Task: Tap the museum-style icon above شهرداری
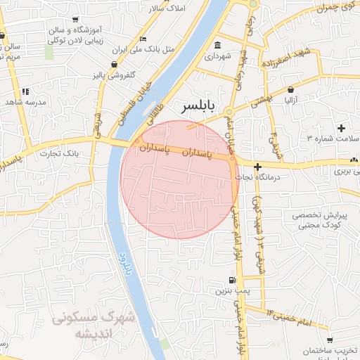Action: [216, 47]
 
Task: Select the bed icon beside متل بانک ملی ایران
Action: [144, 39]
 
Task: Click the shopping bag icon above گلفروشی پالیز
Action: [114, 63]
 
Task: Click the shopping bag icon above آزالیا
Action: [290, 89]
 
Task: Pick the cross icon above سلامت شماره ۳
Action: [342, 128]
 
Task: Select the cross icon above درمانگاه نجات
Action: [259, 167]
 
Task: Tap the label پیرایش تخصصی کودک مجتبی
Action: [316, 220]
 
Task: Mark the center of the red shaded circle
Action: [179, 179]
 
